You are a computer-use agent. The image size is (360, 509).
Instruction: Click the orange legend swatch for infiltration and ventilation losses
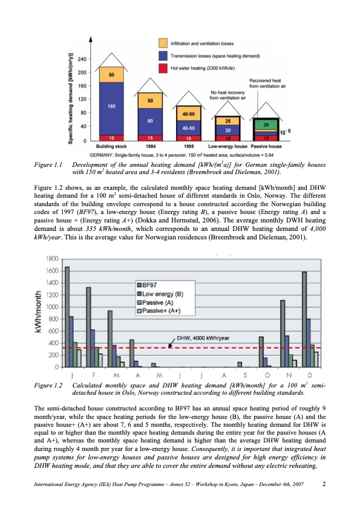(x=163, y=44)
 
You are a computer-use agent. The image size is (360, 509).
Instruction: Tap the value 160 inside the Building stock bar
(x=111, y=106)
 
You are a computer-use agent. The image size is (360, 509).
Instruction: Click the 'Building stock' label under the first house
(x=111, y=146)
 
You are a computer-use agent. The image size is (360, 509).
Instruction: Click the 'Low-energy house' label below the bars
(x=226, y=146)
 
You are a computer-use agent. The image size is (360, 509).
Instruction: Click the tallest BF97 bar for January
(x=67, y=317)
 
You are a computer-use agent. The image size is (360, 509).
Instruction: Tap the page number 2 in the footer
(x=325, y=484)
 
